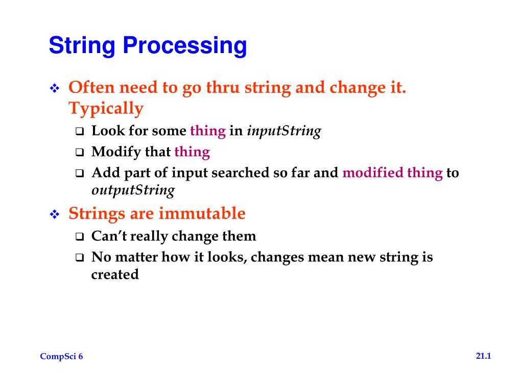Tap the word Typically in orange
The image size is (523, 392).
(x=106, y=109)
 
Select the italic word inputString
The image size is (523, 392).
(x=283, y=131)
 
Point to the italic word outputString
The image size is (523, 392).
(x=133, y=191)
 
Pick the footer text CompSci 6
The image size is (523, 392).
(x=61, y=357)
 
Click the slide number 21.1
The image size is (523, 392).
(x=483, y=356)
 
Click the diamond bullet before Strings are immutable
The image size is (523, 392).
(x=55, y=215)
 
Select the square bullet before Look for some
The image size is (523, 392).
(x=80, y=132)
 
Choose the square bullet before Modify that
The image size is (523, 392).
(x=80, y=153)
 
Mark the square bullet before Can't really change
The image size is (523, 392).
(x=80, y=237)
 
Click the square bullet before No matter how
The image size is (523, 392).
(x=80, y=258)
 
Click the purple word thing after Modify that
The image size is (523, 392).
(x=192, y=152)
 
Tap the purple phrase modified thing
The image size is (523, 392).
(x=392, y=173)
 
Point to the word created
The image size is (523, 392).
(x=115, y=275)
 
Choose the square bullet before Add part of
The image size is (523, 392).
(x=80, y=174)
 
